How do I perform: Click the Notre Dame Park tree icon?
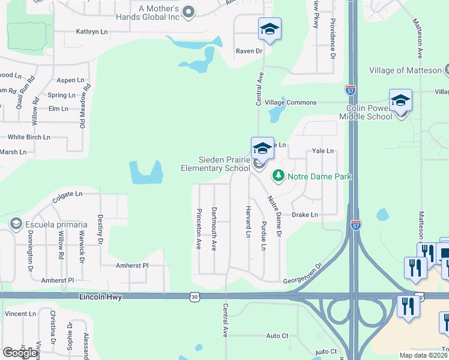[x=278, y=176]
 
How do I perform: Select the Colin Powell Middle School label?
[x=369, y=112]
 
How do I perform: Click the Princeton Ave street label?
[x=198, y=229]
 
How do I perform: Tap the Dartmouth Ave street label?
[x=214, y=229]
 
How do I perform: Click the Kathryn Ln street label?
[x=92, y=31]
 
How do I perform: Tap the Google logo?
[x=20, y=353]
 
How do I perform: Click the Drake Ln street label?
[x=305, y=215]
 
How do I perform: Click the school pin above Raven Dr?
[x=270, y=29]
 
